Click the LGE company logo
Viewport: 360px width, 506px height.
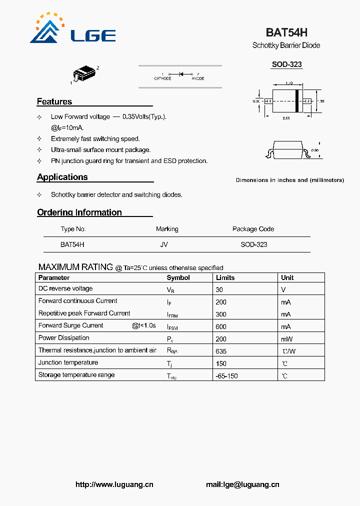click(72, 29)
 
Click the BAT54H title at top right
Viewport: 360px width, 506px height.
click(286, 32)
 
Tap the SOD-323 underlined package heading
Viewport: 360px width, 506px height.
click(286, 64)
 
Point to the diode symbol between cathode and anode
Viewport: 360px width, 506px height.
click(181, 74)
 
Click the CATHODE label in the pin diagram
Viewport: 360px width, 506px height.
click(162, 78)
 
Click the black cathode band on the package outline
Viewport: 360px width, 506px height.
click(297, 101)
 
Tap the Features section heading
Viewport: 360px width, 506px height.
click(54, 101)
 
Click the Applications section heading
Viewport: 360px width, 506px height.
click(62, 177)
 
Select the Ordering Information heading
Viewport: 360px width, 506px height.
click(79, 212)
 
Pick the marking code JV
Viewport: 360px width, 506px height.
click(164, 244)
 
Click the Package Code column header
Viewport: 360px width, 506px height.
click(253, 229)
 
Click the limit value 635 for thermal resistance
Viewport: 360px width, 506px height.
click(221, 351)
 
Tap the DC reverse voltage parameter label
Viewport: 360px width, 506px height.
click(65, 288)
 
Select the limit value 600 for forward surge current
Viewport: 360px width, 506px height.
click(221, 326)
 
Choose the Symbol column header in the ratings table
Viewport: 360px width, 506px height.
click(178, 277)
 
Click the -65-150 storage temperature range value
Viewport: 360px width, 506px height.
click(226, 375)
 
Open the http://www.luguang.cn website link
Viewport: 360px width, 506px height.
click(114, 484)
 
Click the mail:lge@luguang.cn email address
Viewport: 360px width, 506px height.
click(242, 484)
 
